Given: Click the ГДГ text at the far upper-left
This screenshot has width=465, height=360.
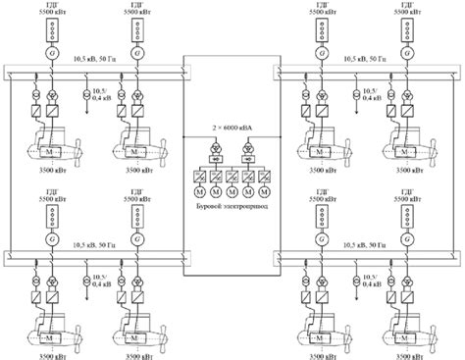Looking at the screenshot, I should [x=49, y=5].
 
